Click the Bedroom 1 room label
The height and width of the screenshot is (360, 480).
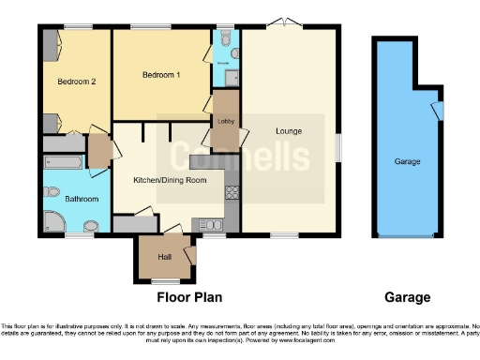click(x=161, y=74)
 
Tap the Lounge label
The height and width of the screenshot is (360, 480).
click(x=288, y=130)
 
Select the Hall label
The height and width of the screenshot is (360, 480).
click(x=165, y=256)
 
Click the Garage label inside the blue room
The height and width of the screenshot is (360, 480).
click(x=407, y=161)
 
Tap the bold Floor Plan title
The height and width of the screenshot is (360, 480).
click(x=188, y=298)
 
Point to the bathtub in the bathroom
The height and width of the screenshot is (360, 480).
click(x=65, y=163)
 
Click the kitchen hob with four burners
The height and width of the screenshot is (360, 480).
click(x=231, y=194)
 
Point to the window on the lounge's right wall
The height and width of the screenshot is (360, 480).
click(x=338, y=144)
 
